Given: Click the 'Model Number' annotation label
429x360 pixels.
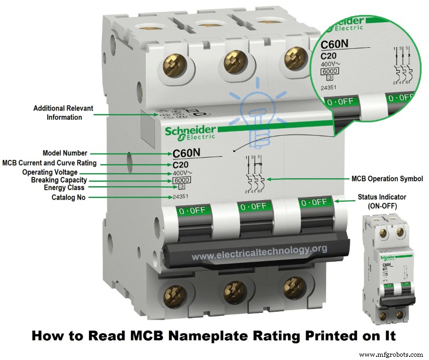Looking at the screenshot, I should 64,153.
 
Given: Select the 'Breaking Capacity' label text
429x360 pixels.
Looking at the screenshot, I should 59,180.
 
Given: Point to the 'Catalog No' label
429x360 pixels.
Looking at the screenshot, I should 68,197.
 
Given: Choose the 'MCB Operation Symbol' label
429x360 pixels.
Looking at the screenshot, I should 387,179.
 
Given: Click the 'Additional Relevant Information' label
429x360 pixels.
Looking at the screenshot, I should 63,113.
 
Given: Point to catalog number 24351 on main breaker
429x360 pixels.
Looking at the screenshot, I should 181,197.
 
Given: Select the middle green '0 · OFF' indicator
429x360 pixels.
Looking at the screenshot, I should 253,205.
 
